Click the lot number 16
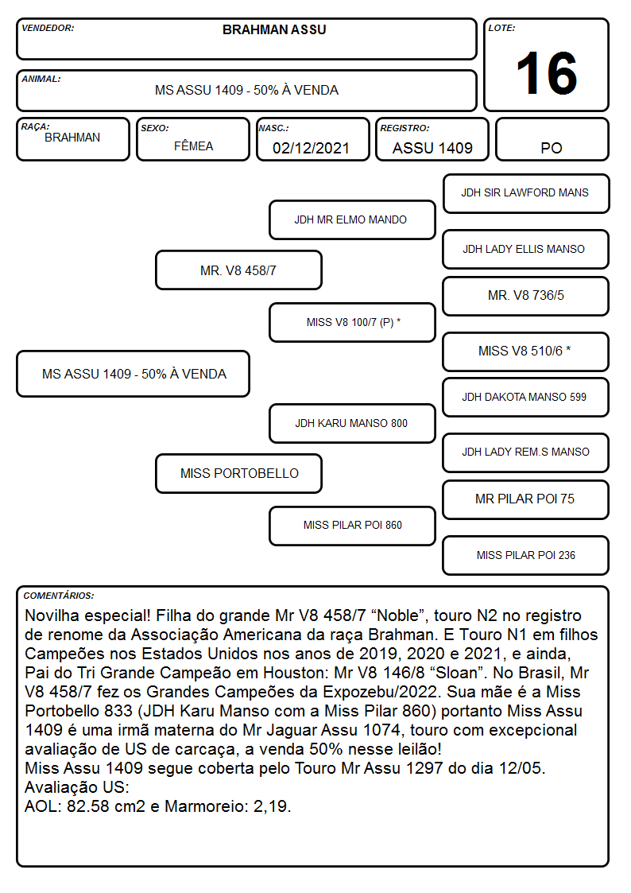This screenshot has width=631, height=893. click(546, 73)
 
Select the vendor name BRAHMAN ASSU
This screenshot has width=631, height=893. click(274, 29)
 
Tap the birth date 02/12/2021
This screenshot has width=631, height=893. click(311, 148)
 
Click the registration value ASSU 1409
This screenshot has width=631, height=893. click(432, 148)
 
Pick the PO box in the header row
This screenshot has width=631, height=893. click(552, 139)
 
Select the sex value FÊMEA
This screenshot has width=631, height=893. click(193, 146)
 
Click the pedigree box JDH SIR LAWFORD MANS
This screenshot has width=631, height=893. click(526, 194)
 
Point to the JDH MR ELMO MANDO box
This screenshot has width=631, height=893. click(352, 219)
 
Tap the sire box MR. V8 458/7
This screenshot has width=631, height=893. click(238, 270)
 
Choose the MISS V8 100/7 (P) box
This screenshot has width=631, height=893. click(352, 322)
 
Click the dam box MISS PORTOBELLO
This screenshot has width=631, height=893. click(238, 473)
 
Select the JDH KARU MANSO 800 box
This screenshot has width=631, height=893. click(352, 423)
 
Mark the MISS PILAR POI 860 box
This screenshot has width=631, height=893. click(352, 526)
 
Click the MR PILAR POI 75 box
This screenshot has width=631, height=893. click(526, 499)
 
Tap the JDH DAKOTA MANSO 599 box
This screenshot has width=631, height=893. click(526, 397)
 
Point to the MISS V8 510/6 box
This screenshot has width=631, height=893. click(526, 351)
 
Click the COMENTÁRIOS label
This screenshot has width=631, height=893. click(59, 596)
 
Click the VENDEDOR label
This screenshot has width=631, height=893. click(48, 28)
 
